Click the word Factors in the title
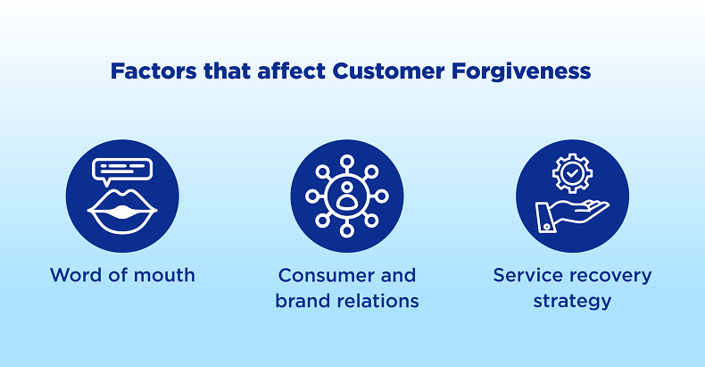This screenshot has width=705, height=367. pyautogui.click(x=153, y=71)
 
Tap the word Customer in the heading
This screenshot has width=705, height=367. pyautogui.click(x=388, y=71)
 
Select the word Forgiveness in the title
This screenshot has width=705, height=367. pyautogui.click(x=521, y=72)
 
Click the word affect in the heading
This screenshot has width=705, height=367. pyautogui.click(x=291, y=71)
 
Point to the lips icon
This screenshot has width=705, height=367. pyautogui.click(x=122, y=211)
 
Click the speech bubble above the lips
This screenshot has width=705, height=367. pyautogui.click(x=122, y=170)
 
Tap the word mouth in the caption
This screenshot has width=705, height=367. pyautogui.click(x=164, y=275)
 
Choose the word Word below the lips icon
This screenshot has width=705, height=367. pyautogui.click(x=76, y=275)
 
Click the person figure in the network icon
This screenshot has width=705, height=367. pyautogui.click(x=346, y=196)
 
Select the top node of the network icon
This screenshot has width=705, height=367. pyautogui.click(x=346, y=162)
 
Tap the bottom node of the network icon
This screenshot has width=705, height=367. pyautogui.click(x=346, y=230)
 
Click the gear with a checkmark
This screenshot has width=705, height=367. pyautogui.click(x=572, y=173)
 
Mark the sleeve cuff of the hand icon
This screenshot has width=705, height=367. pyautogui.click(x=545, y=218)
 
